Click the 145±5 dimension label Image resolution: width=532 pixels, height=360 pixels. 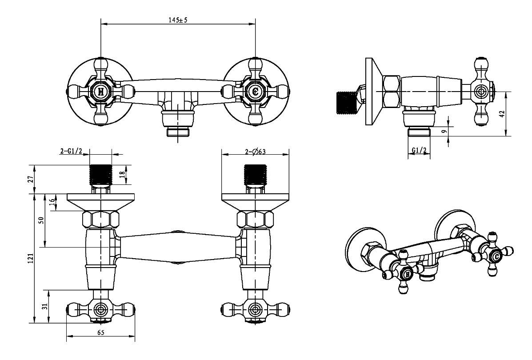178,20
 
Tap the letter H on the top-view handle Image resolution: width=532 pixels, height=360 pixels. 101,92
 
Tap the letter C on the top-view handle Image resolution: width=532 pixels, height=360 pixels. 255,92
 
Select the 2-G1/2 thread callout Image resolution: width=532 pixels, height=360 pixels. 71,152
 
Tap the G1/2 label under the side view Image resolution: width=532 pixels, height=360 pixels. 419,151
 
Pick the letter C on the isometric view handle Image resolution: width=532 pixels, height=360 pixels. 496,256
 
